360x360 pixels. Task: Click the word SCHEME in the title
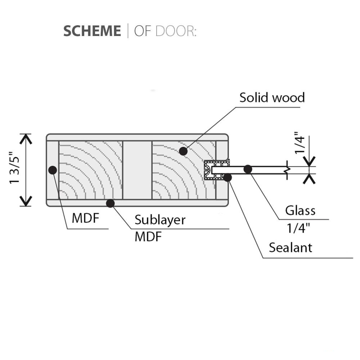click(92, 31)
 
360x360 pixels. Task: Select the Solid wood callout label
click(272, 97)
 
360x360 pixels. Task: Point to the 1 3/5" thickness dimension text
click(15, 170)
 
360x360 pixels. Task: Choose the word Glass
click(300, 210)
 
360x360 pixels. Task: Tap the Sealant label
click(291, 248)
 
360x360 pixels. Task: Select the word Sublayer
click(160, 220)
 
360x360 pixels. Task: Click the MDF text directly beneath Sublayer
click(148, 237)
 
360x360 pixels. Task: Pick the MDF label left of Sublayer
click(85, 218)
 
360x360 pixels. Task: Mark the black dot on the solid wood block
click(183, 151)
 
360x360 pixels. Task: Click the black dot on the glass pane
click(248, 169)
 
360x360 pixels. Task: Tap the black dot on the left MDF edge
click(53, 170)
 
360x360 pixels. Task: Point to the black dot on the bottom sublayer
click(111, 203)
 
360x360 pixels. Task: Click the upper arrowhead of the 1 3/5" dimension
click(26, 138)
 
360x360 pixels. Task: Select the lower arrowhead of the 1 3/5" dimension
click(26, 202)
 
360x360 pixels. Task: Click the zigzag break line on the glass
click(287, 170)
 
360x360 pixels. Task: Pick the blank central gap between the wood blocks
click(137, 170)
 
